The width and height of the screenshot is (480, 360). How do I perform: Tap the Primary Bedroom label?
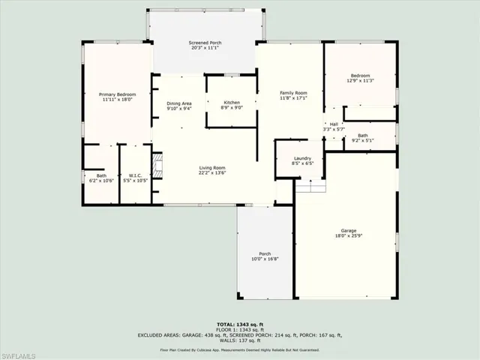click(x=117, y=94)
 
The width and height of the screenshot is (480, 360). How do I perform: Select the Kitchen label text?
click(x=232, y=102)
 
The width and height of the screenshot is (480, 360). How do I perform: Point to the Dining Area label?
click(x=179, y=103)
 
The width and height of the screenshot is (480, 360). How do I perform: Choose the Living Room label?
click(x=212, y=167)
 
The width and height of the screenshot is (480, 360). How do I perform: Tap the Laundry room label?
click(x=302, y=158)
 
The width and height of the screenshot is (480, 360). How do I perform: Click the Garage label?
click(x=348, y=230)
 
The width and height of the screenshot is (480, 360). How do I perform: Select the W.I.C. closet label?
click(x=135, y=175)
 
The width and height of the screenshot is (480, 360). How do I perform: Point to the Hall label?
click(x=334, y=124)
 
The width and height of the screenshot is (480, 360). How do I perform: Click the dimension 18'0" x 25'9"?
click(x=348, y=236)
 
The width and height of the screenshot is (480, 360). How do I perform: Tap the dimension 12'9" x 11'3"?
click(x=359, y=82)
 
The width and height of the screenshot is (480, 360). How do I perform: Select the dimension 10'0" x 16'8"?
click(x=265, y=259)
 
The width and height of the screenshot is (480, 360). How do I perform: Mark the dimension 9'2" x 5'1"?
click(x=362, y=140)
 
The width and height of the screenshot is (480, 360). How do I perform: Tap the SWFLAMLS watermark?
click(x=25, y=352)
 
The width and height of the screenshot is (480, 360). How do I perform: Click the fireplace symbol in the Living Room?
click(x=157, y=164)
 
